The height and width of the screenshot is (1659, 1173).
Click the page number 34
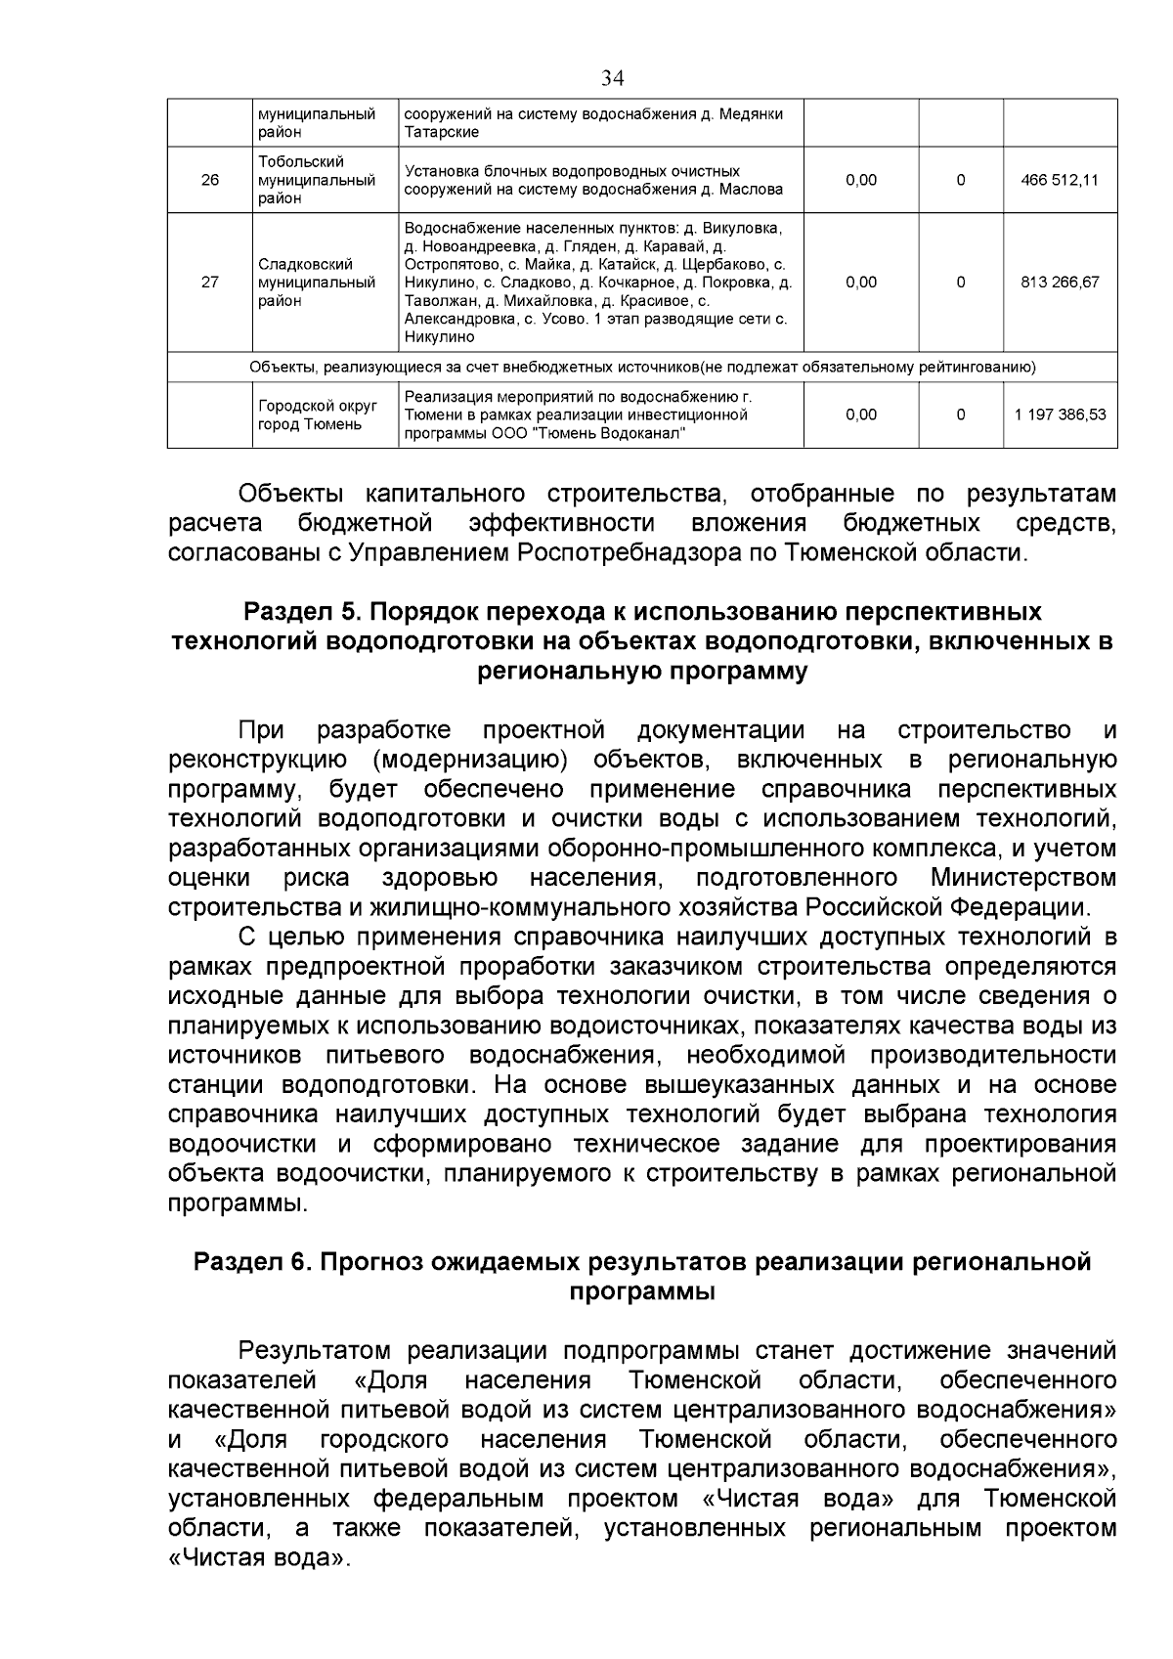click(613, 78)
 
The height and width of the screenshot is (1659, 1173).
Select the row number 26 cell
click(209, 180)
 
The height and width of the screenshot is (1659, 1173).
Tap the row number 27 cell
click(209, 283)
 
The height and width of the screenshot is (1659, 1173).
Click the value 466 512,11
click(1060, 180)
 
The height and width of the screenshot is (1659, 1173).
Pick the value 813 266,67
click(1060, 283)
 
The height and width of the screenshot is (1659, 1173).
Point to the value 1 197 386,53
click(1060, 415)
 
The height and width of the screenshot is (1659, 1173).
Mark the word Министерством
click(1022, 878)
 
